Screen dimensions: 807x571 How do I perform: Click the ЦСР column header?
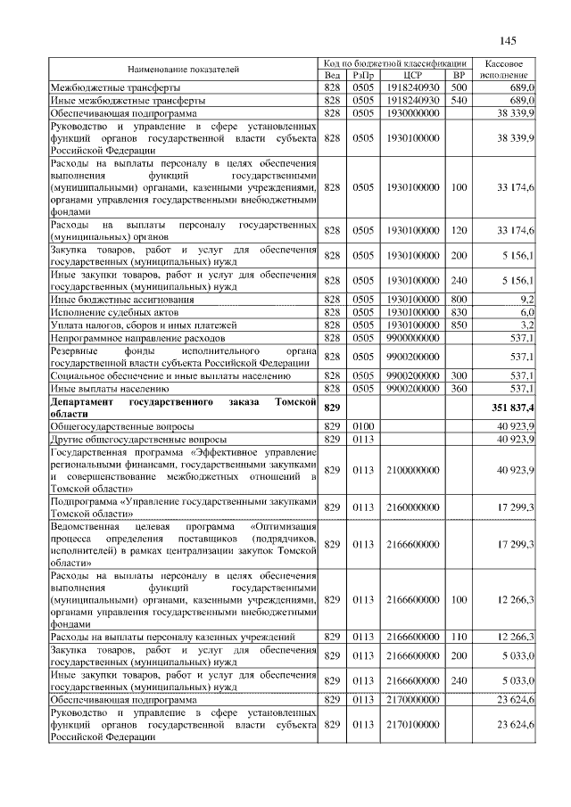(412, 76)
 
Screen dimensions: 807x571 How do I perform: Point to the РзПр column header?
(363, 76)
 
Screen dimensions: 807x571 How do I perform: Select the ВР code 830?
(459, 312)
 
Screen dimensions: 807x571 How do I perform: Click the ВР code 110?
(459, 637)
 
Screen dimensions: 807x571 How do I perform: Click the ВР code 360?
(459, 389)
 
